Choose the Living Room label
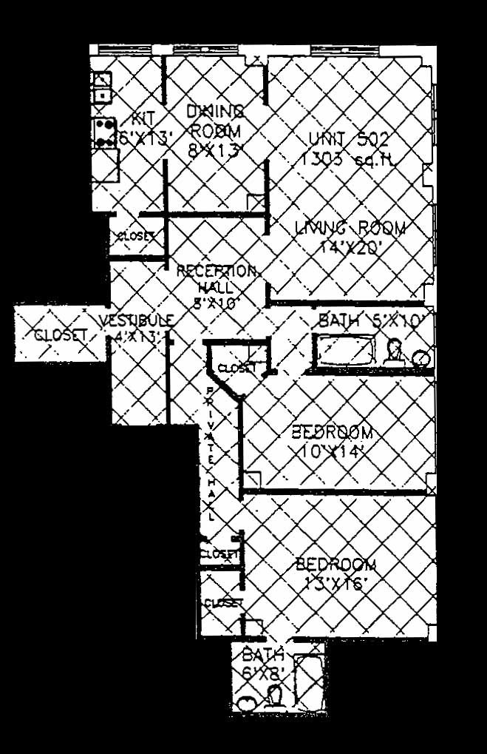point(350,237)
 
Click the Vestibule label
point(137,329)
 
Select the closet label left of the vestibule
point(61,335)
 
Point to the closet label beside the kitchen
point(135,237)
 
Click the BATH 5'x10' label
point(373,322)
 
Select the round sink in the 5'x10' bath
point(421,359)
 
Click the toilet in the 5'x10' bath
point(395,351)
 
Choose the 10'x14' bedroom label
point(332,440)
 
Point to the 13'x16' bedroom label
point(336,573)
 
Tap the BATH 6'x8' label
point(262,663)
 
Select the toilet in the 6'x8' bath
point(273,696)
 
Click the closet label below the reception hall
point(237,368)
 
